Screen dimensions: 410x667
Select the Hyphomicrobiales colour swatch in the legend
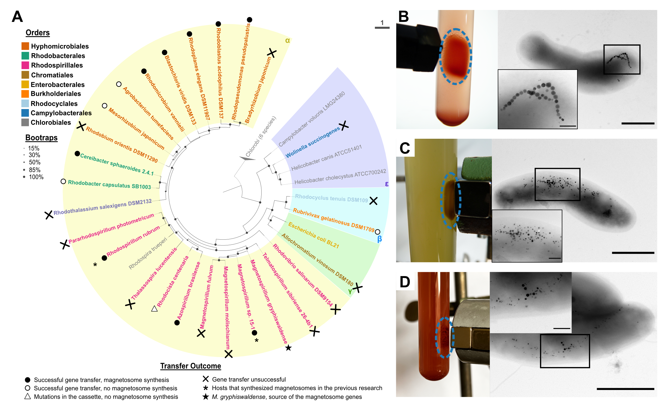(x=25, y=46)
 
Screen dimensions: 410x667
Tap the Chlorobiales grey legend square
(x=25, y=122)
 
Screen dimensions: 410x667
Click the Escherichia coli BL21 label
(x=314, y=235)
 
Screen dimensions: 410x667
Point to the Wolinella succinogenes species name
(x=312, y=142)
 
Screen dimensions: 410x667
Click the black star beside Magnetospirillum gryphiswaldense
(x=289, y=348)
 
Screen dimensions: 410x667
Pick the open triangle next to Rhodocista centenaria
(x=155, y=309)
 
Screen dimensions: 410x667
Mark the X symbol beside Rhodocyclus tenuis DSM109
(x=373, y=201)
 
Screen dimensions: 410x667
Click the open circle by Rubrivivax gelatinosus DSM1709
(x=378, y=232)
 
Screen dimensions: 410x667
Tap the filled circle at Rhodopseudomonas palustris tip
(x=250, y=20)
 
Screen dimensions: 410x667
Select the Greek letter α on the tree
(x=288, y=40)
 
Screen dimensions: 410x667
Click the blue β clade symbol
(x=379, y=239)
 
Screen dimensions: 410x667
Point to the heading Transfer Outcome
(x=191, y=366)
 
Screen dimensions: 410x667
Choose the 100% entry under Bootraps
(x=36, y=177)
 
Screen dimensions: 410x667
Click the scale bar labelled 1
(x=382, y=27)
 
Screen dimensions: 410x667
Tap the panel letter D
(x=405, y=282)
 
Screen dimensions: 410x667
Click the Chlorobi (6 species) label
(x=261, y=137)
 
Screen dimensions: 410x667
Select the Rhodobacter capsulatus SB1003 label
(x=109, y=184)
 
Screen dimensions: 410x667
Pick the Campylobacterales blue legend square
(x=25, y=113)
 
